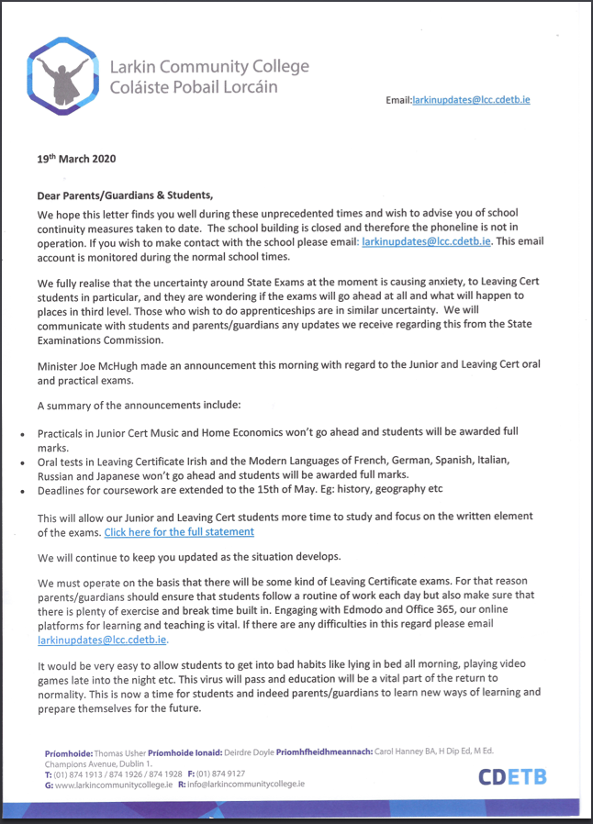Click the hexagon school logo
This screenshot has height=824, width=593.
62,75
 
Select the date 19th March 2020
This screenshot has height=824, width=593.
76,159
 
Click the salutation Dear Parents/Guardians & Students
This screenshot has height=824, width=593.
124,195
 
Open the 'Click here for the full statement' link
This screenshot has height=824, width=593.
179,532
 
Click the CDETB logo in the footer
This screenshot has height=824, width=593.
511,777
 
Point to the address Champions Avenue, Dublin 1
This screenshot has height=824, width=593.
99,763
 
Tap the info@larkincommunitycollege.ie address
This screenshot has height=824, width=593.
246,785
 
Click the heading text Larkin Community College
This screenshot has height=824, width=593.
209,67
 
